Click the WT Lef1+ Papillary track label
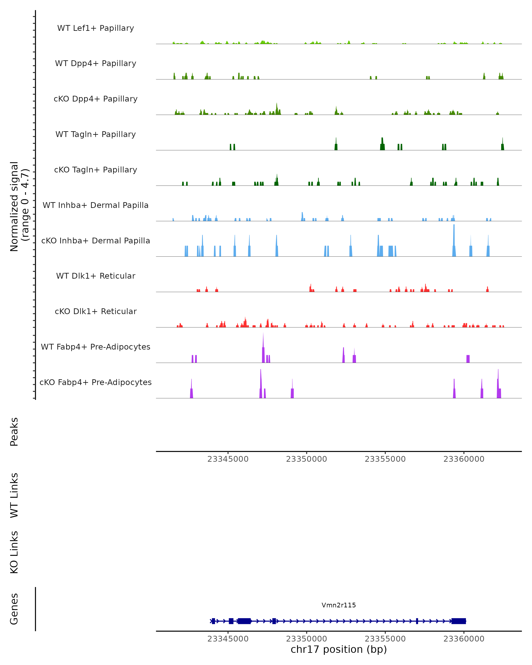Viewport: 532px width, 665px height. pos(96,28)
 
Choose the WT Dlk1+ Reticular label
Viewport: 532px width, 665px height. pos(96,276)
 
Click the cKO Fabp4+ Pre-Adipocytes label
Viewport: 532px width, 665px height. pos(96,382)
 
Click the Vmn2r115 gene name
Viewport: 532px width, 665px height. pos(339,605)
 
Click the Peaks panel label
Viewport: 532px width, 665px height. pos(14,432)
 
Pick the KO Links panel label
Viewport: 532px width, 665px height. pos(14,552)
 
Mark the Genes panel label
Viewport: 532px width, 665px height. pos(14,609)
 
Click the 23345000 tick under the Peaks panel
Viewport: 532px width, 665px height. pos(228,459)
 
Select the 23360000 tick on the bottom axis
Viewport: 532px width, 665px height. pos(464,639)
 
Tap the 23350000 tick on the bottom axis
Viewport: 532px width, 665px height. pos(307,639)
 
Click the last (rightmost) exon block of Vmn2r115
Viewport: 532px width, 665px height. pos(459,621)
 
